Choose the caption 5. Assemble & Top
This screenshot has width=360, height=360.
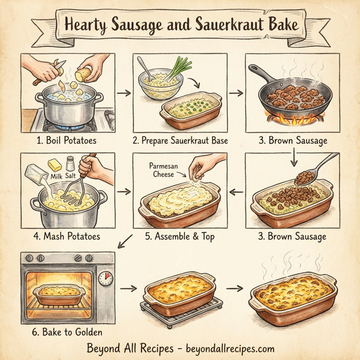pos(179,236)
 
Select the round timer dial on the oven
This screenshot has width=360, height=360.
pos(105,278)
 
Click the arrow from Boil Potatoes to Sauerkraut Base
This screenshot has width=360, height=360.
pos(123,93)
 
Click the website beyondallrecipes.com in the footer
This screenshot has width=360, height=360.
pos(222,348)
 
